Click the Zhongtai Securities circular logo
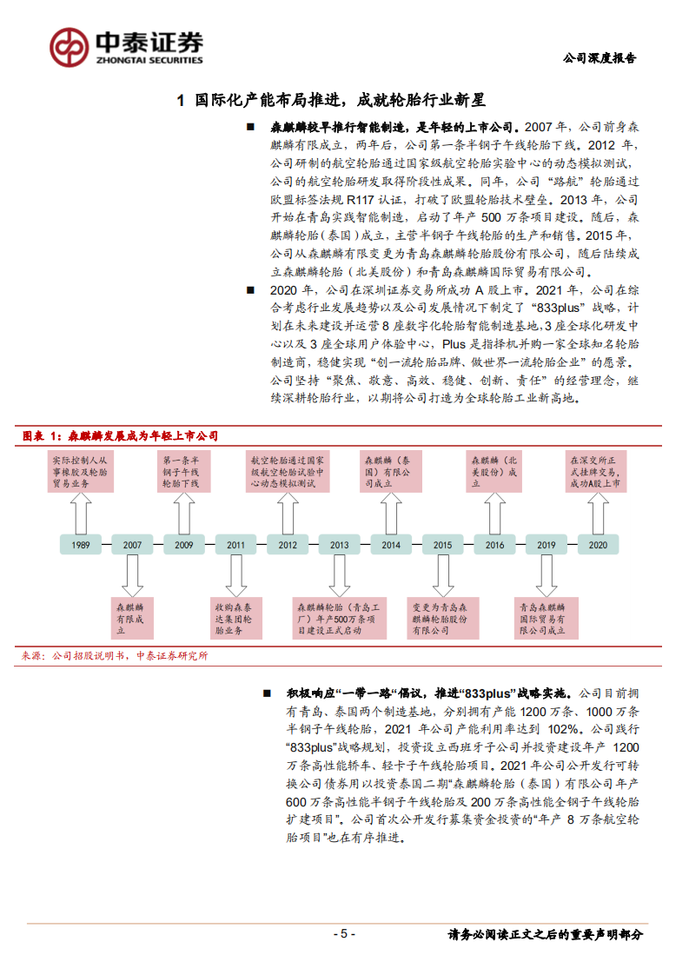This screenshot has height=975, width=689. (x=68, y=46)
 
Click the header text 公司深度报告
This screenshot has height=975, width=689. (x=600, y=58)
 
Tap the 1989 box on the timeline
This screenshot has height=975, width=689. (x=80, y=545)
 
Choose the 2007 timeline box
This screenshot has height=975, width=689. (x=132, y=545)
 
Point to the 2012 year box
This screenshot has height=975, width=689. (x=288, y=545)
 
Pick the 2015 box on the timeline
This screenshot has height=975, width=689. (x=443, y=545)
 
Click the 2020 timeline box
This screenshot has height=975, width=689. (x=598, y=545)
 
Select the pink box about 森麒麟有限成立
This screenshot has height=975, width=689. (x=132, y=619)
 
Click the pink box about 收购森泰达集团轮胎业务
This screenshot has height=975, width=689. (x=235, y=619)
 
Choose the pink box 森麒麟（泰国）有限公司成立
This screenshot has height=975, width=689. (x=391, y=471)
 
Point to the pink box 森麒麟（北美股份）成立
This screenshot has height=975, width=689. (x=494, y=471)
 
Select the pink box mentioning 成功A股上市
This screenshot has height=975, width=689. (x=598, y=471)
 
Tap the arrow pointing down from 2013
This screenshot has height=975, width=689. (x=340, y=574)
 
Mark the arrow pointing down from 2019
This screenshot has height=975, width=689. (x=547, y=574)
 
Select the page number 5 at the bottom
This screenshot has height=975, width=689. (x=344, y=934)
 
